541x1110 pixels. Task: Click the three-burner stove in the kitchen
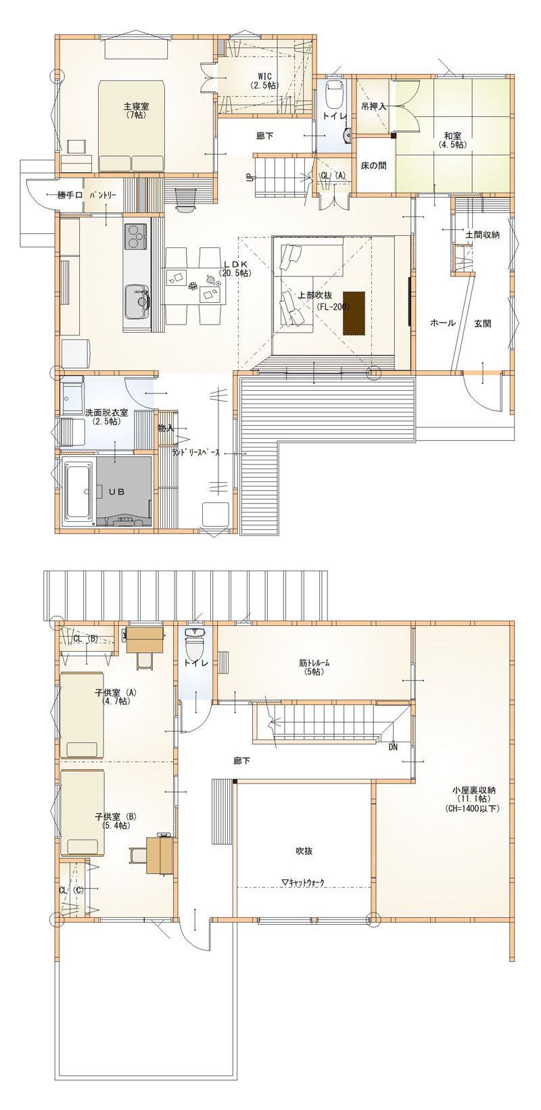click(135, 236)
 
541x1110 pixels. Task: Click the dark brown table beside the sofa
click(354, 313)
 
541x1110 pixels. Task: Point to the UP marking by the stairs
click(250, 178)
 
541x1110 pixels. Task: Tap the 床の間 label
click(373, 166)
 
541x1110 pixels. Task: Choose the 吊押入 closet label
click(373, 106)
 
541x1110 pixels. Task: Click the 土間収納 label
click(482, 235)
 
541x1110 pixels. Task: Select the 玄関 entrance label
click(482, 324)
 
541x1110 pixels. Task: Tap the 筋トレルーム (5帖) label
click(314, 667)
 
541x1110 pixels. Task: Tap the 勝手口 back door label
click(70, 195)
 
